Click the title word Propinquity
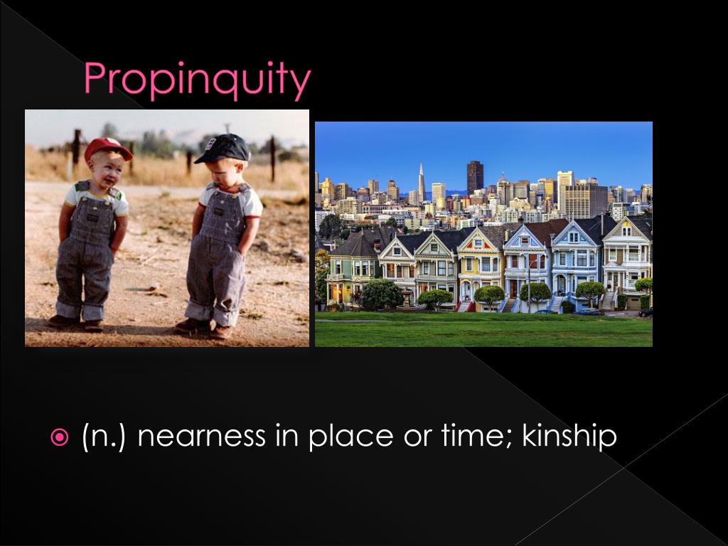[197, 80]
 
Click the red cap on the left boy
[107, 148]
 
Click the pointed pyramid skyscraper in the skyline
[421, 183]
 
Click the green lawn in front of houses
[483, 331]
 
